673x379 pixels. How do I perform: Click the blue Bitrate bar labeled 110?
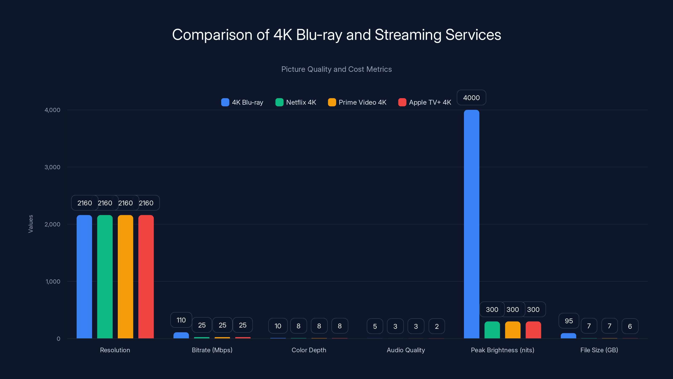click(181, 335)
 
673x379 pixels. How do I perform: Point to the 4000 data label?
click(471, 97)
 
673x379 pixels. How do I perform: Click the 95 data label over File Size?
click(568, 321)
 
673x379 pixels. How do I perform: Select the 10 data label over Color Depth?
click(278, 326)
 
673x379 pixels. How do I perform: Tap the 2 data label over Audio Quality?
click(437, 326)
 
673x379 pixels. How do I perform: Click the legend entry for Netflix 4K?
click(296, 102)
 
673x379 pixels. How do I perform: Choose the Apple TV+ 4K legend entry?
click(425, 102)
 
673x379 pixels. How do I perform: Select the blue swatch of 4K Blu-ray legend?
click(225, 102)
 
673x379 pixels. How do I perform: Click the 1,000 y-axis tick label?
click(53, 282)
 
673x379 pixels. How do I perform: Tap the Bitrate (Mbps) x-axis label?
click(212, 350)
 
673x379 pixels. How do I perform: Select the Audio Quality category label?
click(405, 350)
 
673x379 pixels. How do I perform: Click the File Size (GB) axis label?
click(599, 350)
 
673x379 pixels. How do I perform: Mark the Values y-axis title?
click(30, 224)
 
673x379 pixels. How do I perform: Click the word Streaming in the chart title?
click(408, 35)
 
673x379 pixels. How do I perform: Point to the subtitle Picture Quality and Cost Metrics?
click(336, 69)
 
